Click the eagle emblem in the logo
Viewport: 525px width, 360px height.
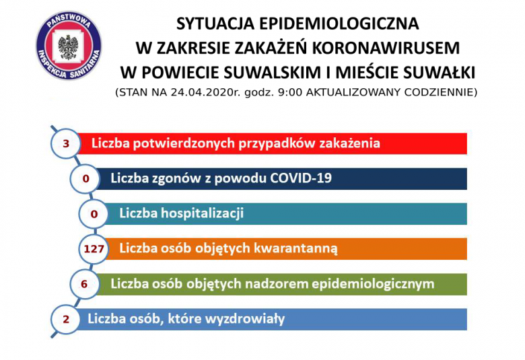[x=69, y=47]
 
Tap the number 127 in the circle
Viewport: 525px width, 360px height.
[x=94, y=249]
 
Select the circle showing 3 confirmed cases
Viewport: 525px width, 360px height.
[x=66, y=143]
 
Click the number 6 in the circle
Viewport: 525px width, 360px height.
[x=84, y=284]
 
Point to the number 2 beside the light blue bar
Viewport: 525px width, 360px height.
[x=66, y=319]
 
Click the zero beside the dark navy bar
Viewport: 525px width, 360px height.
[x=85, y=179]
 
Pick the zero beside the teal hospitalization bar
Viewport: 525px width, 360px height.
[x=94, y=214]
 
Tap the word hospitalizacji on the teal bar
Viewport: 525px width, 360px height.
[x=202, y=213]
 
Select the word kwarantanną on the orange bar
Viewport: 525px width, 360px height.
[x=295, y=248]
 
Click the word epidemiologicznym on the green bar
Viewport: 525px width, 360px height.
[x=373, y=284]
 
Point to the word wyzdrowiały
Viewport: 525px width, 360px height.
[x=245, y=318]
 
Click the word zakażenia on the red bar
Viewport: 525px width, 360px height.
[x=349, y=143]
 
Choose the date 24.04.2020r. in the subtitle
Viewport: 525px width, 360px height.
[x=206, y=92]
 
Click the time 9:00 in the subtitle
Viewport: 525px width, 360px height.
[x=290, y=92]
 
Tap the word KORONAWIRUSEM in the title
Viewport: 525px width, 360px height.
[x=386, y=48]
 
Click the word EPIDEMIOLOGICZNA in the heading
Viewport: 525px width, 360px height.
[x=339, y=24]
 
